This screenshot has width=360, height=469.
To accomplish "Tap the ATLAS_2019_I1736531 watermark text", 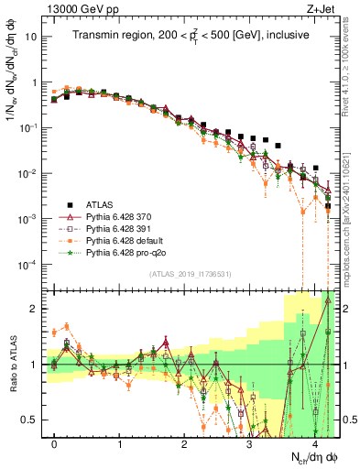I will click(190, 274).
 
